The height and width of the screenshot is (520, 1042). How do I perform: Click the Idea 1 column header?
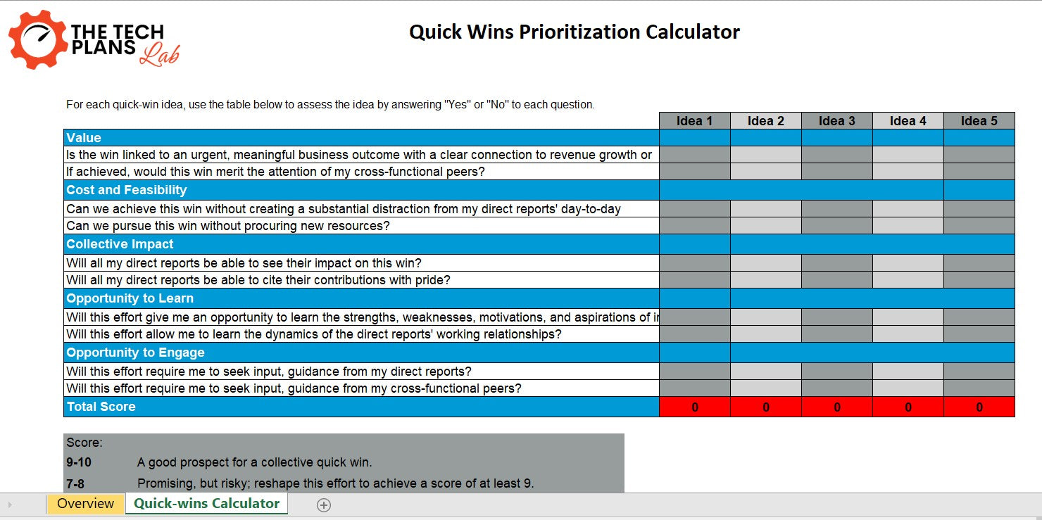694,121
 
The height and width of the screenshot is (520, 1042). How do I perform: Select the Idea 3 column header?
836,121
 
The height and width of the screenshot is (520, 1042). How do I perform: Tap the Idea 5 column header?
979,121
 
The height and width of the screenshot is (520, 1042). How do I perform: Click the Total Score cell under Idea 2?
765,407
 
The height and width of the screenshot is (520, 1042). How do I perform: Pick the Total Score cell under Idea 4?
908,407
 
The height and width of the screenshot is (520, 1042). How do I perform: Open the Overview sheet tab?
85,504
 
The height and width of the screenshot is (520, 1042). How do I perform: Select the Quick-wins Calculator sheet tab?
206,504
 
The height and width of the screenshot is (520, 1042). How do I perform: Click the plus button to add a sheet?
324,505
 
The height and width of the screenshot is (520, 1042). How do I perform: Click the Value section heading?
84,138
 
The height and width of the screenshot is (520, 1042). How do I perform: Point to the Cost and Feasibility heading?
127,190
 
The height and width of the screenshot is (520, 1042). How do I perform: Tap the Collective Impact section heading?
120,244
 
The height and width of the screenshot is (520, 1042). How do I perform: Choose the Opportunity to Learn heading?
130,298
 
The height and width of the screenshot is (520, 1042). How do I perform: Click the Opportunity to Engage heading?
135,353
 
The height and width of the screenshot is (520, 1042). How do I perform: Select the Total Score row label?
101,407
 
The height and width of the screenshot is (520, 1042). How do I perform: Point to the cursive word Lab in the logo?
159,55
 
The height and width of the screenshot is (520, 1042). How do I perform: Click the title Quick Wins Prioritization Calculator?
575,32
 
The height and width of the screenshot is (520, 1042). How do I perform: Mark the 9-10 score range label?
79,462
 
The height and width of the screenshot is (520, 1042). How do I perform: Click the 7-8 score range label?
75,483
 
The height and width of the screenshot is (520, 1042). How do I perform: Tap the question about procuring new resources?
228,226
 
